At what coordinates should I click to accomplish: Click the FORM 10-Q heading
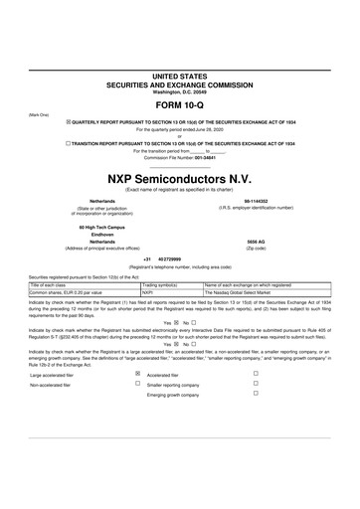[179, 105]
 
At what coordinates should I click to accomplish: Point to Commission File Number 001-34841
[179, 157]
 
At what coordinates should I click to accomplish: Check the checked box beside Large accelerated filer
[137, 374]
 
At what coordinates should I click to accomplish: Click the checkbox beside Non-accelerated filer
[137, 383]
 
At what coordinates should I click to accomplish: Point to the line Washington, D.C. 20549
[179, 91]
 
